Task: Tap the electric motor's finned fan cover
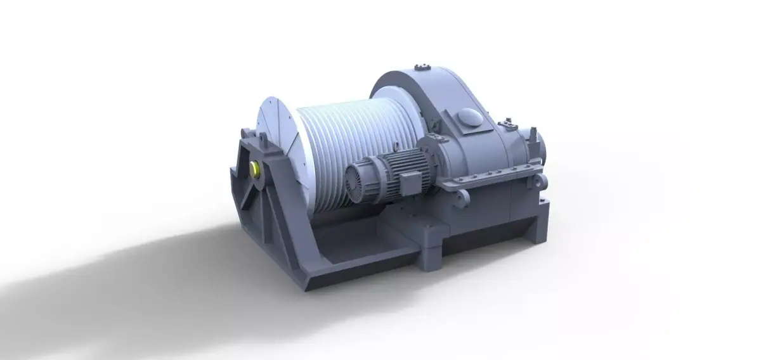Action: point(357,179)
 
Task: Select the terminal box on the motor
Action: point(403,184)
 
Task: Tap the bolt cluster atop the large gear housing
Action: point(419,66)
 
